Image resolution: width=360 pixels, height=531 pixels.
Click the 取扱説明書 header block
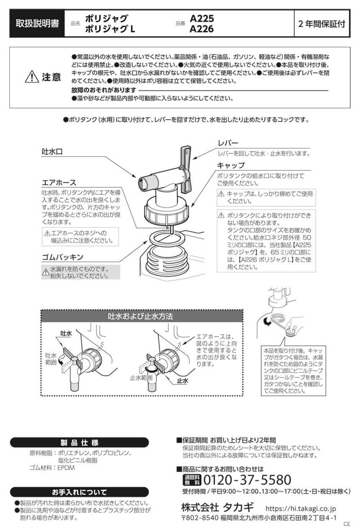coord(37,23)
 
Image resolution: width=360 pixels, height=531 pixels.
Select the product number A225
coord(202,18)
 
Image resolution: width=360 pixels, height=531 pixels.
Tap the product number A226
coord(202,29)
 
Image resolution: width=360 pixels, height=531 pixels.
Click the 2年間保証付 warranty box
coord(322,23)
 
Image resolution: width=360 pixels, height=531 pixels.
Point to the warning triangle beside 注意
coord(32,77)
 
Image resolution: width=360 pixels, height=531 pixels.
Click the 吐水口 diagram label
coord(52,152)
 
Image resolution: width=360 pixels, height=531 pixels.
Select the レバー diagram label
coord(228,143)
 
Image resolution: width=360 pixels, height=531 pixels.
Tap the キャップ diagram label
coord(231,165)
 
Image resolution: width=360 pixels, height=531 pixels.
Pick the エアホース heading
coord(59,183)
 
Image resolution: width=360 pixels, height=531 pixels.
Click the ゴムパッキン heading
coord(62,257)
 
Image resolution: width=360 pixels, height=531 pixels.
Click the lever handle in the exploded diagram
coord(186,169)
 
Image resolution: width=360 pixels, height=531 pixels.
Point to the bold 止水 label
coord(183,381)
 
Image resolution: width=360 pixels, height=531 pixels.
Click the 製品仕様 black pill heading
coord(79,442)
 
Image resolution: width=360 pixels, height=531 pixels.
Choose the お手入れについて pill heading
coord(79,492)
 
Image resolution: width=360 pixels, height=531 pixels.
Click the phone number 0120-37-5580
coord(247,480)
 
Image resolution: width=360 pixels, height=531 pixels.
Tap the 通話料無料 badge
coord(192,480)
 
